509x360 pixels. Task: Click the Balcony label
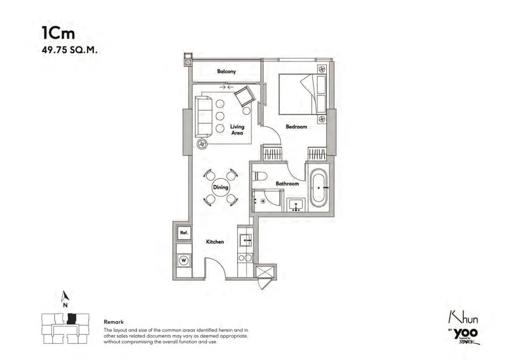coord(227,71)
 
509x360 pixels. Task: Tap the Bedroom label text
coord(296,127)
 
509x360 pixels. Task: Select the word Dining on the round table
coord(220,187)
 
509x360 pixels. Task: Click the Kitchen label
coord(215,242)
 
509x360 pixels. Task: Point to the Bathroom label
coord(287,184)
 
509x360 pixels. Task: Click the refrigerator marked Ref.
coord(184,233)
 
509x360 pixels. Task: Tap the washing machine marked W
coord(184,260)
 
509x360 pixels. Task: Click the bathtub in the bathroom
coord(319,188)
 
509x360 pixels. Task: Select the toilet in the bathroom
coord(259,176)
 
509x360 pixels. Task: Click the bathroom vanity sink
coord(296,205)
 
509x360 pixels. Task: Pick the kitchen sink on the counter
coord(245,240)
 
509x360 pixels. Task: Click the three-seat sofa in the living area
coord(203,117)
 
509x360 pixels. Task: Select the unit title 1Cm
coord(59,33)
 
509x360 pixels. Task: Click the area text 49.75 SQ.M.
coord(69,50)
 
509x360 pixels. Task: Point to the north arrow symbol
coord(65,295)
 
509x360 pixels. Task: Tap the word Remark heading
coord(114,322)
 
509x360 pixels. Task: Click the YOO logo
coord(466,333)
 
